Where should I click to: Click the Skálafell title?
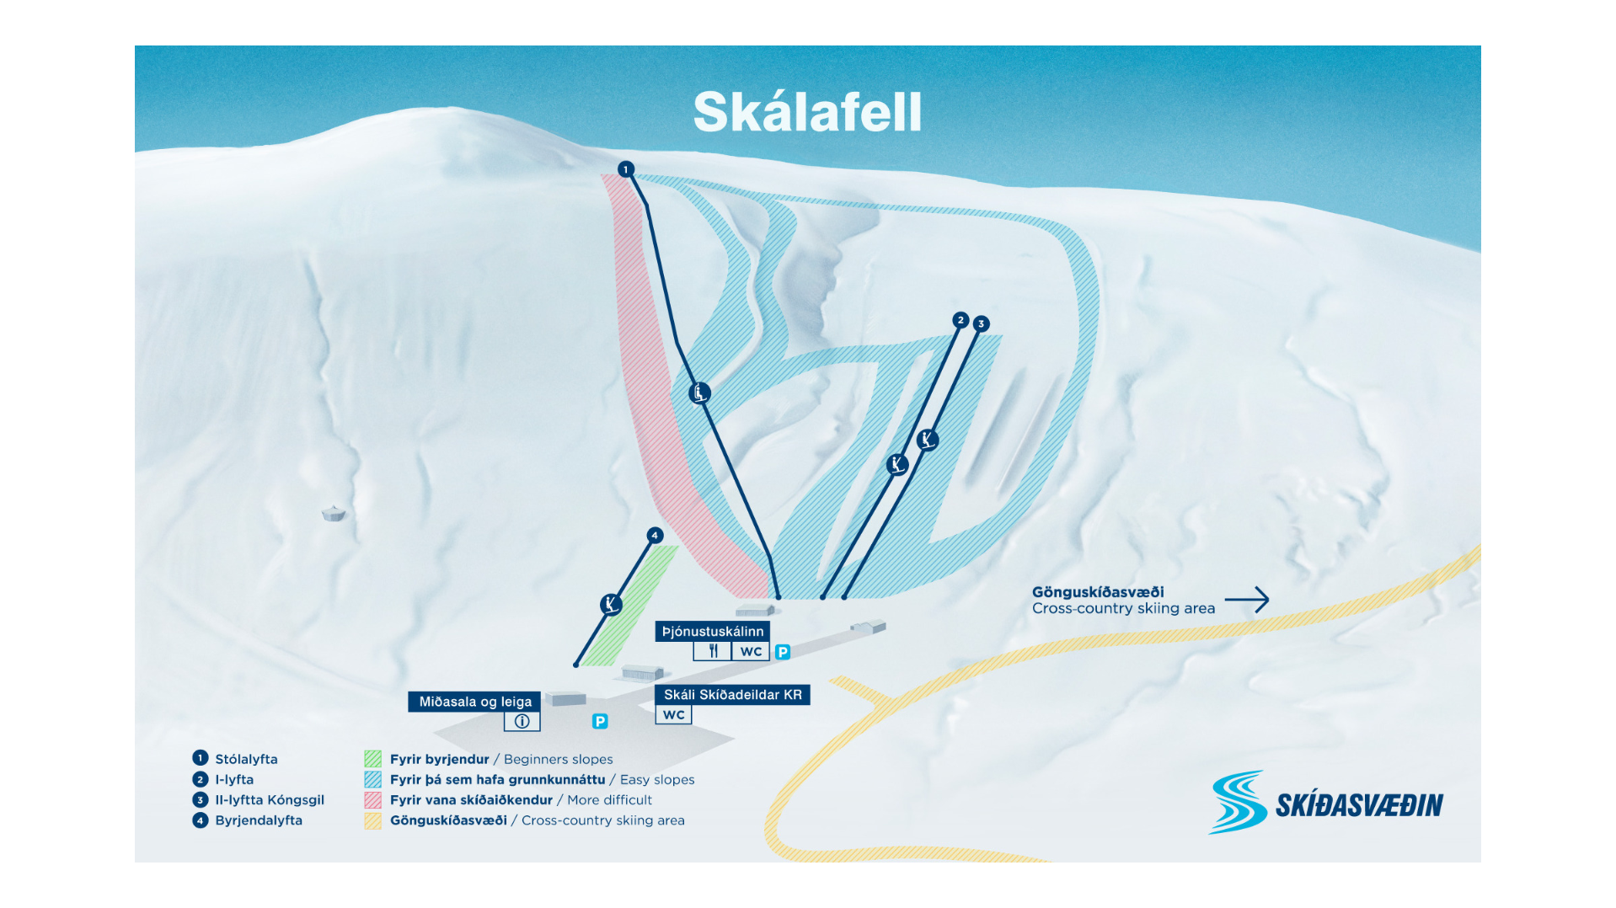(807, 112)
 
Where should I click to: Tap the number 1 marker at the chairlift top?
(625, 169)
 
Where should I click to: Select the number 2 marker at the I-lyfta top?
(961, 320)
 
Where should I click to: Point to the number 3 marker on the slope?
(981, 323)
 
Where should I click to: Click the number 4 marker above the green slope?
(655, 535)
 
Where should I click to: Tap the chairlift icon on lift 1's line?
(699, 393)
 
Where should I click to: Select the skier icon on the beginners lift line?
(611, 604)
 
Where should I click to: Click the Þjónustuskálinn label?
(713, 631)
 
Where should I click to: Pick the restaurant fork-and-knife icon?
(713, 651)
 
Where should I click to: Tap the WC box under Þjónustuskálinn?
(751, 651)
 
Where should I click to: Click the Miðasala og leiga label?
(475, 702)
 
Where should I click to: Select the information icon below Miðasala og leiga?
(522, 722)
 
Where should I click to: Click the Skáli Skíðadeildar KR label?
(732, 695)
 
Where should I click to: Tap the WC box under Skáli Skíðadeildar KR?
(673, 715)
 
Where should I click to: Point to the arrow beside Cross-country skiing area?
(1247, 600)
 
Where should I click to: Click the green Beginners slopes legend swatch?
(372, 759)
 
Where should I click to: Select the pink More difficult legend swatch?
(372, 800)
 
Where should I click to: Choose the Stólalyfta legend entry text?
(246, 759)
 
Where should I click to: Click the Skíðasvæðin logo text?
(1358, 805)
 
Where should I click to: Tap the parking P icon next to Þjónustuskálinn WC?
(783, 652)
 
